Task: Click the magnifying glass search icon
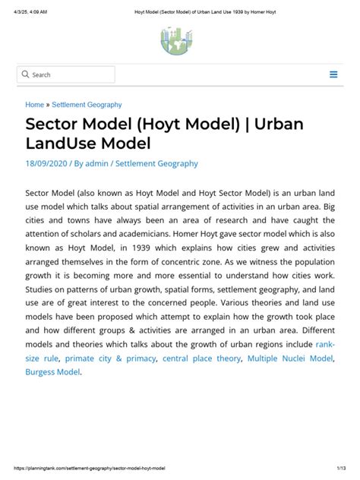[x=26, y=74]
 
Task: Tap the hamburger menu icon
[x=333, y=74]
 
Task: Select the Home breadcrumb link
[x=35, y=105]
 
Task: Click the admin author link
[x=96, y=163]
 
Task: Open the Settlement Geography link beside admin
[x=156, y=163]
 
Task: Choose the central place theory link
[x=202, y=358]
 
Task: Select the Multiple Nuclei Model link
[x=289, y=358]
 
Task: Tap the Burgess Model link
[x=52, y=372]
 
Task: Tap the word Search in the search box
[x=42, y=74]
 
